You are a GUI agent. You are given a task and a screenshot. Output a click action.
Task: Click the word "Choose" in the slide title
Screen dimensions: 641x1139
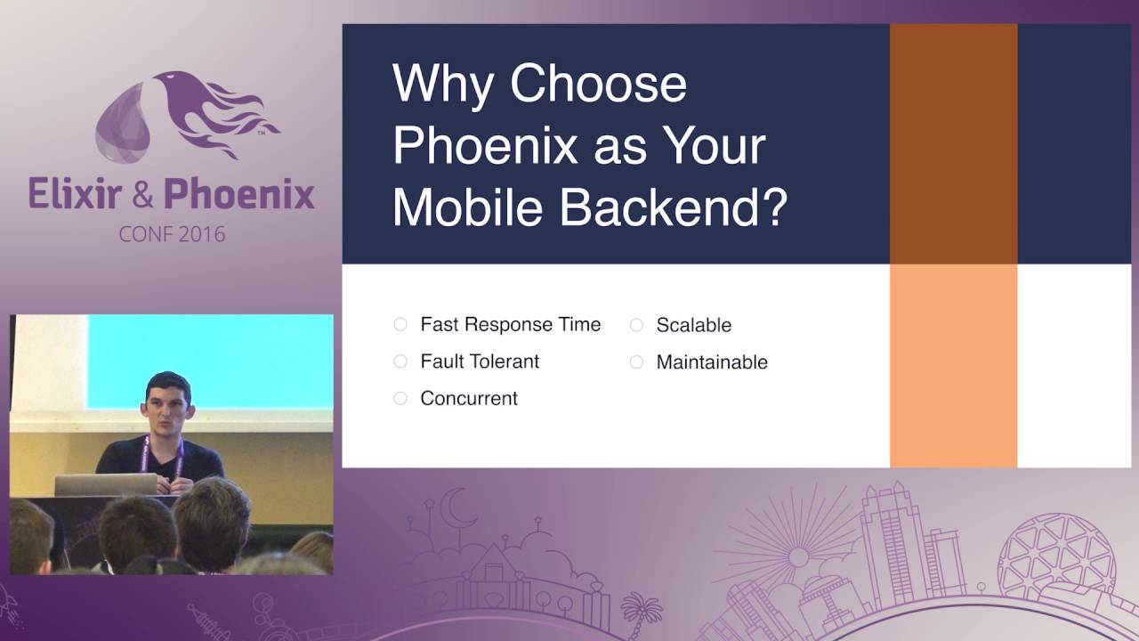tap(598, 85)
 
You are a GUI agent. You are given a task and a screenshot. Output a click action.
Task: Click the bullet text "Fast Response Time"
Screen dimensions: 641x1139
tap(510, 325)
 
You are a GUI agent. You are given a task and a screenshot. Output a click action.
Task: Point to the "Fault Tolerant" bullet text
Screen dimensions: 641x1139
tap(480, 361)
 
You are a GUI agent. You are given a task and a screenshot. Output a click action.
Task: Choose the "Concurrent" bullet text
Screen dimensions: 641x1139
tap(469, 399)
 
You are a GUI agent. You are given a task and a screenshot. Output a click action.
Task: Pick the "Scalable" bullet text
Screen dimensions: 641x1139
tap(693, 326)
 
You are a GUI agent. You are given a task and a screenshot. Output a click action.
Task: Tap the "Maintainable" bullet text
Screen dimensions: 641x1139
tap(711, 362)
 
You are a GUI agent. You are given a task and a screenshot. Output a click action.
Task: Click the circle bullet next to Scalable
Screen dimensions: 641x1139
tap(636, 326)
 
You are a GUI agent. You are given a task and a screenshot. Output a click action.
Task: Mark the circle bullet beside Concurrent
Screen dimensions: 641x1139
tap(400, 399)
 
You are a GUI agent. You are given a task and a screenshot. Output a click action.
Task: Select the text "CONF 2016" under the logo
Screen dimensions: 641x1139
tap(172, 235)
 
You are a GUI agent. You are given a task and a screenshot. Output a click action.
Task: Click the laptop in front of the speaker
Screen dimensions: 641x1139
tap(106, 484)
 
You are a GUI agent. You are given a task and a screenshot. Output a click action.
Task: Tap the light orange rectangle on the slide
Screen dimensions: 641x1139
tap(953, 365)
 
